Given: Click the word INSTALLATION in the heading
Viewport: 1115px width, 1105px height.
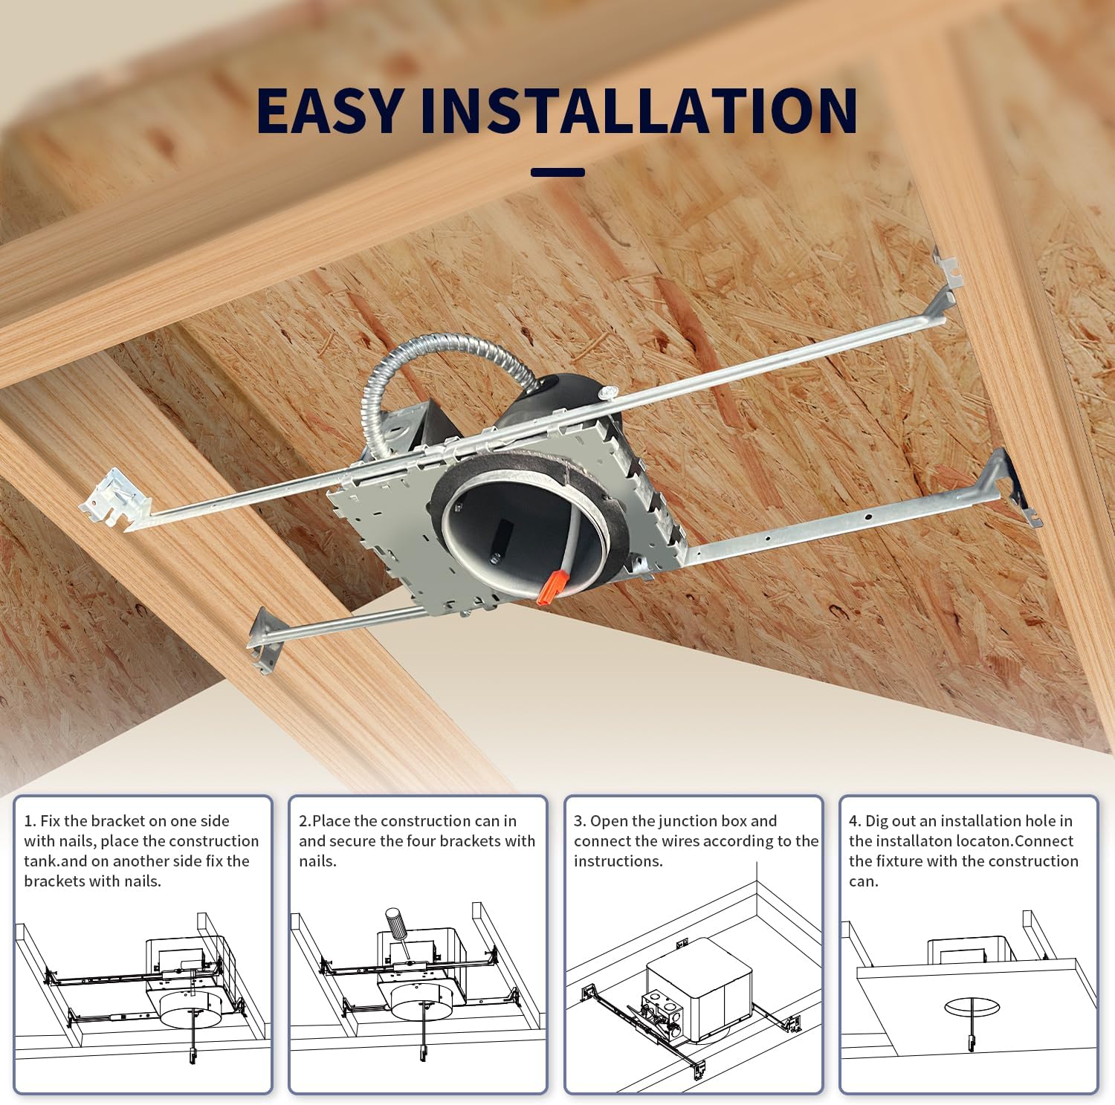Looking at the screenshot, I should pos(639,111).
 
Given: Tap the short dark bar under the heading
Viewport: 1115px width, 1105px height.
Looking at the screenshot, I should pos(557,172).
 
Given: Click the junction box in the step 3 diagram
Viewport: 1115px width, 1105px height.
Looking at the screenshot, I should pos(696,989).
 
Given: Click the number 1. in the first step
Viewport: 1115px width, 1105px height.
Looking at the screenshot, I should pos(30,821).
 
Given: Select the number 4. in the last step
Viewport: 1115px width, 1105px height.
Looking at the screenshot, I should pos(855,821).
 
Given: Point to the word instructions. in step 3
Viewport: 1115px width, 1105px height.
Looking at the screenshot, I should pos(618,861).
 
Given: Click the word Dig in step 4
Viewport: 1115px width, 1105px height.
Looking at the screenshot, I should pos(877,821).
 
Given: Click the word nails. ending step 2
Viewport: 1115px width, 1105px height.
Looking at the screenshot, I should pos(317,861).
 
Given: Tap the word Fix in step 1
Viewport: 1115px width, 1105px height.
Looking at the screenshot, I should pos(50,821).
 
